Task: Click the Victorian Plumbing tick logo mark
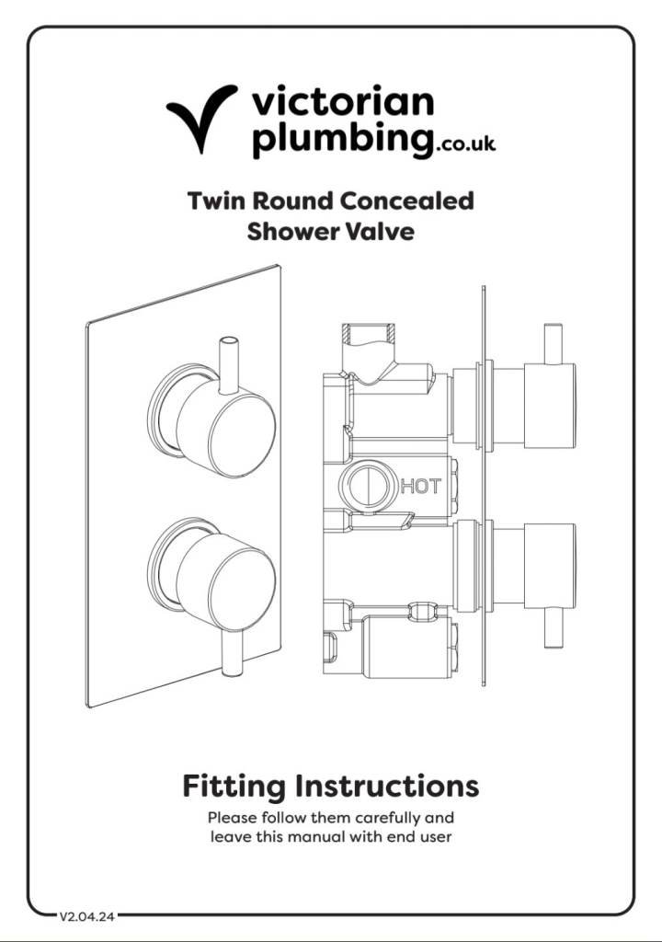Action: coord(201,119)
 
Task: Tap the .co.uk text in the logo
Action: coord(466,144)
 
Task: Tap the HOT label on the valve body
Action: coord(420,485)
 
